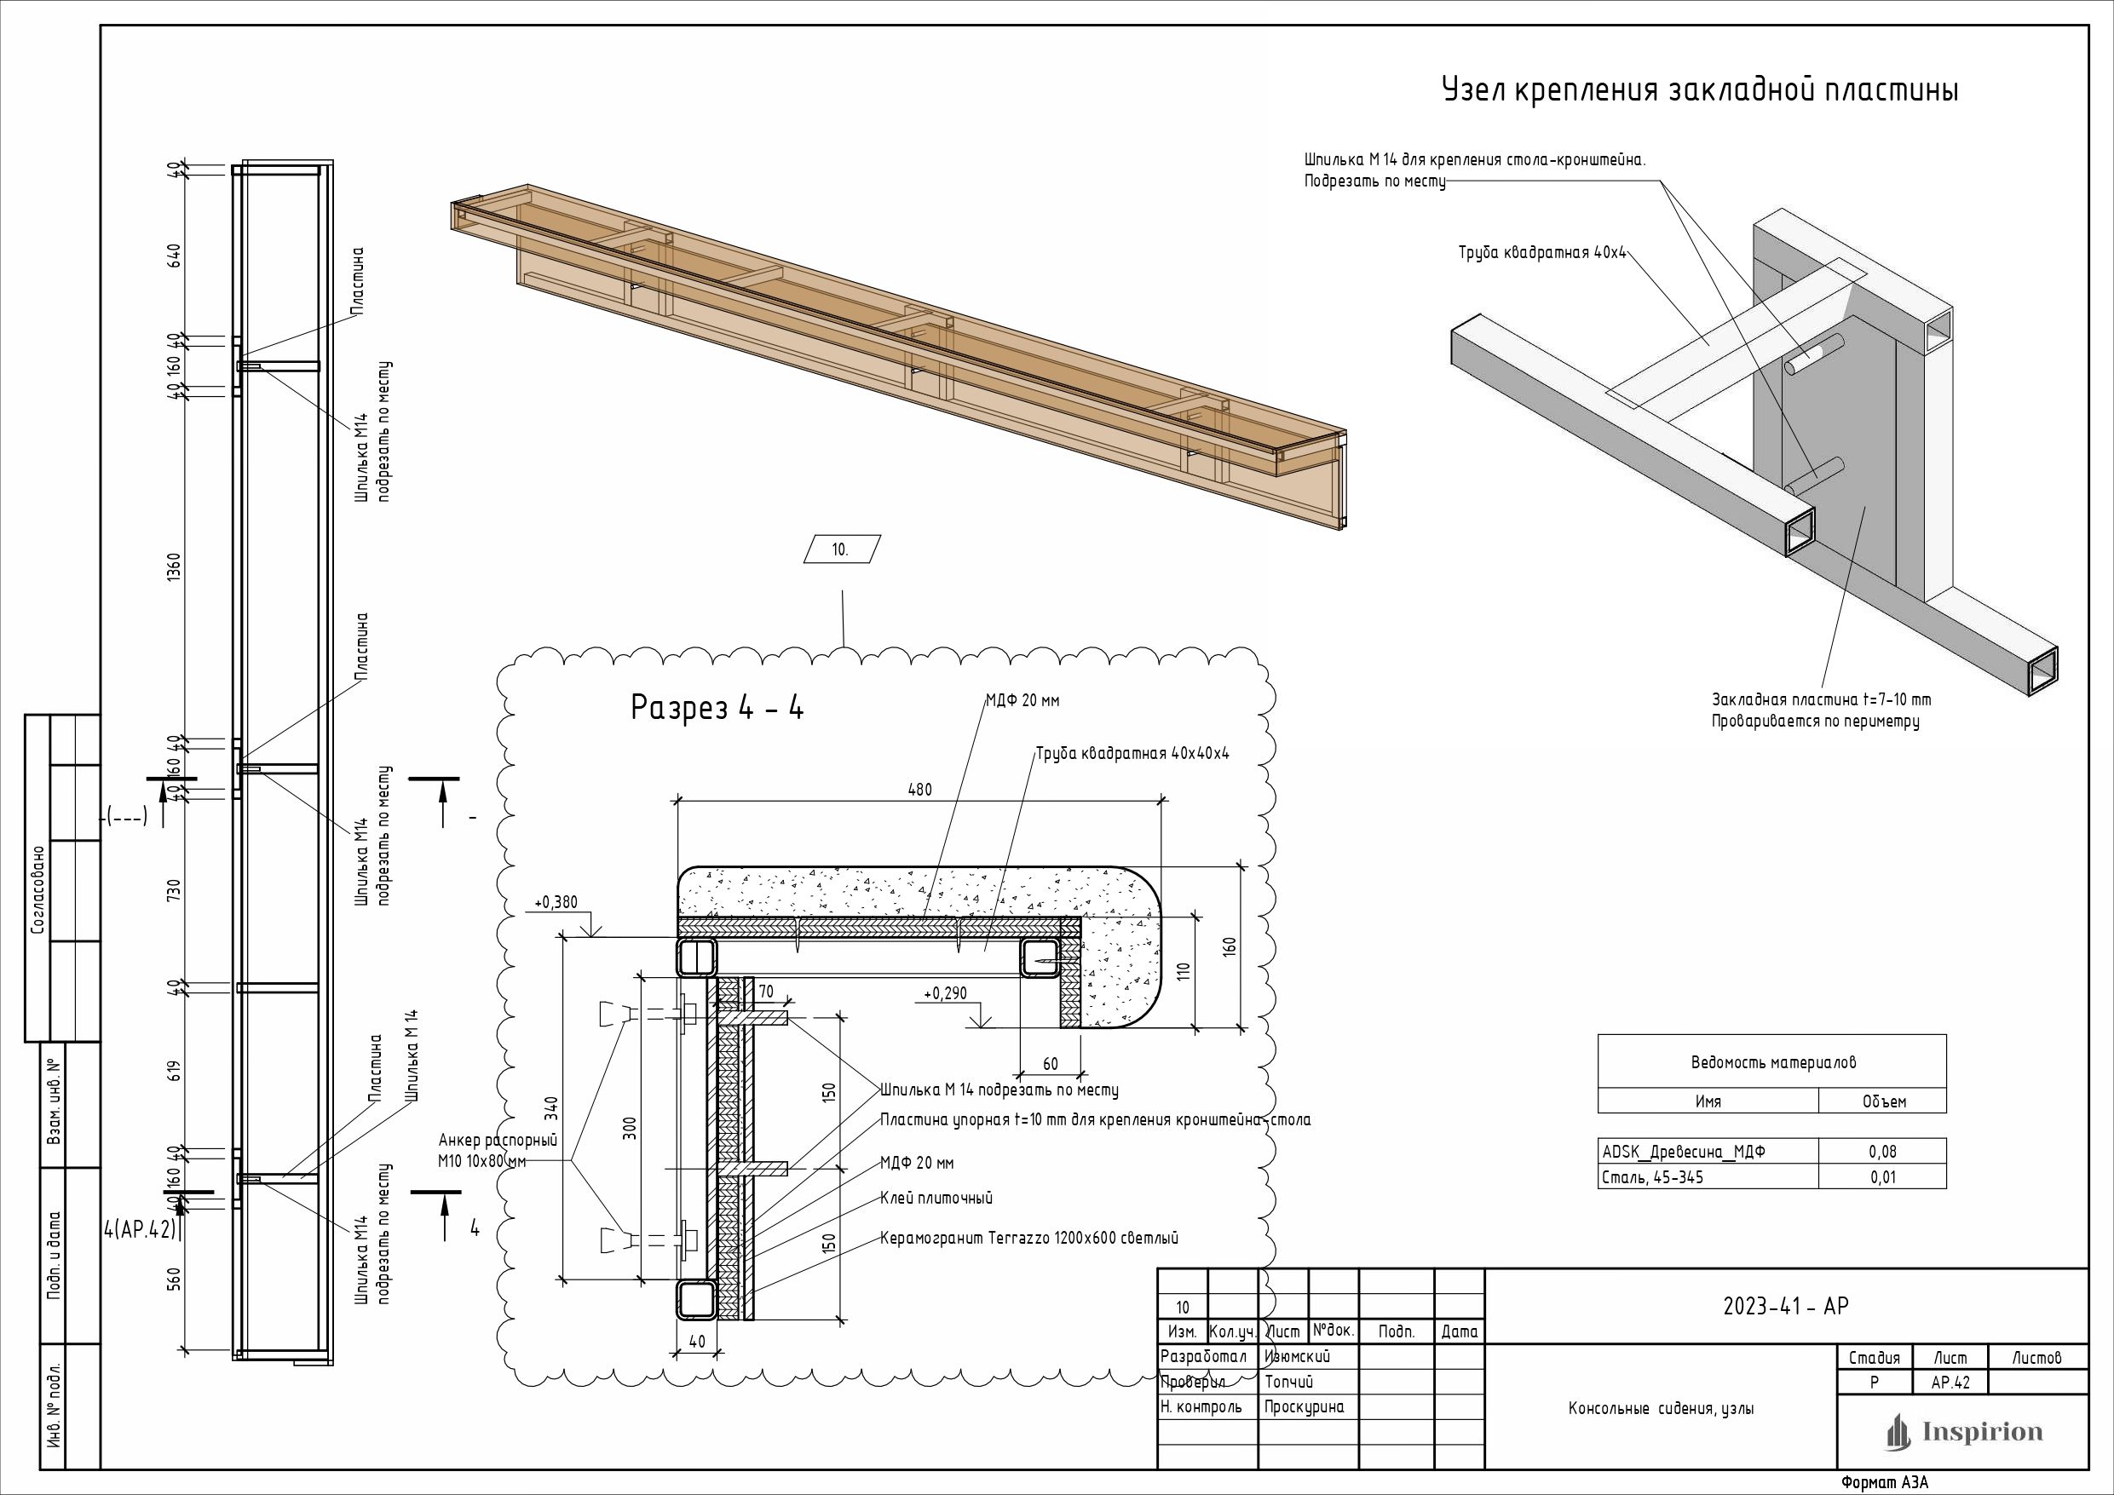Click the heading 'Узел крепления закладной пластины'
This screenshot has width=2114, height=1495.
[x=1699, y=90]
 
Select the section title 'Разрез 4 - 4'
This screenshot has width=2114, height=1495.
[x=717, y=708]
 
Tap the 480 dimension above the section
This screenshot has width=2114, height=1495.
[x=919, y=789]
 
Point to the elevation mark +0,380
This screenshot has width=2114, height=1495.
[x=556, y=902]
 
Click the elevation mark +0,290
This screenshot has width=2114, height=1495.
[x=945, y=993]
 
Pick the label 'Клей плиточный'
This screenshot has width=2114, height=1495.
[x=936, y=1198]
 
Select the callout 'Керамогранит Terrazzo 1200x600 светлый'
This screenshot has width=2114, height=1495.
[x=1028, y=1238]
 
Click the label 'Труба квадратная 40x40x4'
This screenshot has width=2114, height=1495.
[x=1132, y=753]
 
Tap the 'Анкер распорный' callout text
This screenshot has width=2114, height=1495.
[x=498, y=1141]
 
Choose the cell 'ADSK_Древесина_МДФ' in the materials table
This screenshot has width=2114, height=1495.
[x=1684, y=1151]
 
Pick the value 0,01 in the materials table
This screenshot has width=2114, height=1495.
[x=1883, y=1176]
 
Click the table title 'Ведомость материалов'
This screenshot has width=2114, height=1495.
[x=1772, y=1061]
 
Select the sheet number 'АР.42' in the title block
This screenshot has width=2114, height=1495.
[x=1950, y=1383]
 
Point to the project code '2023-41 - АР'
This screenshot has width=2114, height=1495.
[x=1785, y=1306]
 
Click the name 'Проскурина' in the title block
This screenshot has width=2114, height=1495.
[x=1304, y=1406]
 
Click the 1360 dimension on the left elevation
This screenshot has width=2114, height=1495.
[x=175, y=567]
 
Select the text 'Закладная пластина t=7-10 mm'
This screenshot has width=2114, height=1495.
[x=1821, y=699]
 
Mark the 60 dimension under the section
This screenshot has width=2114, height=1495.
[x=1051, y=1063]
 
